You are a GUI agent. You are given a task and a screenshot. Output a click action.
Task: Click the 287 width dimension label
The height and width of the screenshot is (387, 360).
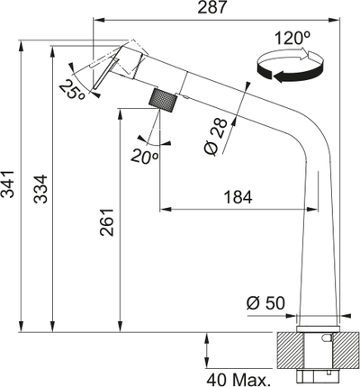click(x=211, y=7)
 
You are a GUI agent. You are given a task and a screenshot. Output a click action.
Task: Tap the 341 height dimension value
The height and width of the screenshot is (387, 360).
click(x=7, y=184)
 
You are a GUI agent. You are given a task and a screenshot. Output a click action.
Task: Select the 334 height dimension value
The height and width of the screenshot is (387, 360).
click(x=40, y=189)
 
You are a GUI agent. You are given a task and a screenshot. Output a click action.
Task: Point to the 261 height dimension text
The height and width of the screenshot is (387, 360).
click(x=107, y=222)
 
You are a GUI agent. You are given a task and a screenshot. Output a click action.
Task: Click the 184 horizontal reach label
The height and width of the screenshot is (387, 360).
click(x=238, y=197)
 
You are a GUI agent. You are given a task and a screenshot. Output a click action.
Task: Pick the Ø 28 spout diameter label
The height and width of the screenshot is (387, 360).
click(x=216, y=137)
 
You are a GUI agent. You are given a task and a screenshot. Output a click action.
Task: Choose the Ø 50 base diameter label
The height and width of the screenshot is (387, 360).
click(x=265, y=303)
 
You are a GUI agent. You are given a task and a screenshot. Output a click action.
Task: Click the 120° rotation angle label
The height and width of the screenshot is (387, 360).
click(x=292, y=38)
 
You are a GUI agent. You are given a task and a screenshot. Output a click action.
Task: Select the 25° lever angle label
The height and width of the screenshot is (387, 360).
click(x=72, y=90)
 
